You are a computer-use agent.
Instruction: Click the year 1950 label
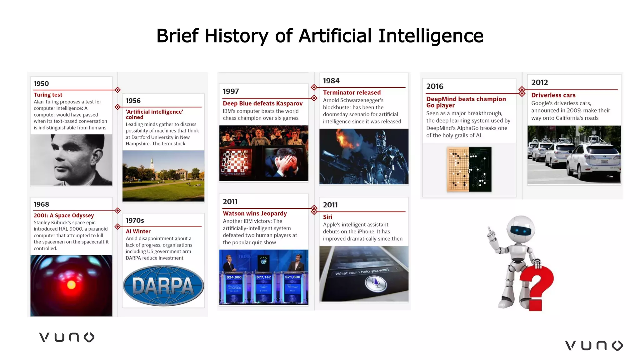point(41,83)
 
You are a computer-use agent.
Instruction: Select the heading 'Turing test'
point(48,95)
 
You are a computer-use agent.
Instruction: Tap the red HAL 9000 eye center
point(71,285)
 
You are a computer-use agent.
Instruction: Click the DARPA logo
point(163,286)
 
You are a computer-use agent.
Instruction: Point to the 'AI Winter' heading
point(138,231)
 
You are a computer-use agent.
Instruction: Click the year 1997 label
point(231,91)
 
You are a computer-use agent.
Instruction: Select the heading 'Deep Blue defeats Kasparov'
point(262,103)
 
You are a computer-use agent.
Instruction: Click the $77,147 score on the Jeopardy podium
point(263,277)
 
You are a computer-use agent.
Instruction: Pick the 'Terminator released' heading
point(352,92)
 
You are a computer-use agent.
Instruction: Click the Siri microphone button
point(376,283)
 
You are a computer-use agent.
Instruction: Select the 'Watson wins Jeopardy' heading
point(255,213)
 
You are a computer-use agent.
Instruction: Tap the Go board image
point(469,169)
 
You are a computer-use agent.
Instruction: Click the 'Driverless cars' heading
point(553,95)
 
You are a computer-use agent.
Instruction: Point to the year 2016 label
point(435,86)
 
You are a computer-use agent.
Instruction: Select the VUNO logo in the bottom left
point(67,337)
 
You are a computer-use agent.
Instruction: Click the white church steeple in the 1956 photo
point(152,162)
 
